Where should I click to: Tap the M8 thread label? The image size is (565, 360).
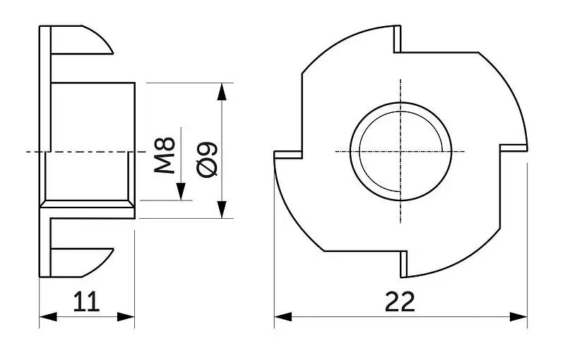click(165, 155)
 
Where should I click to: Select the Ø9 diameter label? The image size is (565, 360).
click(207, 160)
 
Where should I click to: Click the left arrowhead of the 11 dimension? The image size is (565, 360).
click(48, 317)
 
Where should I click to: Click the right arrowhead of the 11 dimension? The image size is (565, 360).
click(126, 317)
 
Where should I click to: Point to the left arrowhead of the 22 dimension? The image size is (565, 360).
click(283, 317)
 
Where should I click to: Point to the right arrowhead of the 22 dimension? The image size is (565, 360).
click(518, 317)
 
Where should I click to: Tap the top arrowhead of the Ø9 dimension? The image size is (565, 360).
click(222, 92)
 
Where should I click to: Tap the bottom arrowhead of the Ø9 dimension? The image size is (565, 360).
click(222, 210)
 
